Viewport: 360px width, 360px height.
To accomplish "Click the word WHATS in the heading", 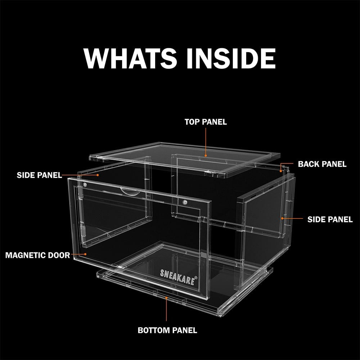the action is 130,58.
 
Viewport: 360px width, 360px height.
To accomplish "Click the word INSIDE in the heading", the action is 231,58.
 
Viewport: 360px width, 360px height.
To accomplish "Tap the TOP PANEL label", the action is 206,122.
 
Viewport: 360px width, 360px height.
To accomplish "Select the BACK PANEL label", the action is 322,164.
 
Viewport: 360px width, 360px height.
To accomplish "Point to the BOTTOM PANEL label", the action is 167,330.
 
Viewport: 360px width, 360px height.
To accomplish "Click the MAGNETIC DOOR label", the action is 38,255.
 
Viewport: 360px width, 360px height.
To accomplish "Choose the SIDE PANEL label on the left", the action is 39,175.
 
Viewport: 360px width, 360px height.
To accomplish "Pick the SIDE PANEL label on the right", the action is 330,220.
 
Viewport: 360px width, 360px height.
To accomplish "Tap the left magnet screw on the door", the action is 85,184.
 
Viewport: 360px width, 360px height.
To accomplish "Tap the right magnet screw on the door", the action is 185,202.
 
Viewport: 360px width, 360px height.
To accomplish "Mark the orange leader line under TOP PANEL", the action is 206,142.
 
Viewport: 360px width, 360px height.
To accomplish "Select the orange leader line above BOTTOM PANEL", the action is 166,309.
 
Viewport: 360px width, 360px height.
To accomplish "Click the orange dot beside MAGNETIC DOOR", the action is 85,254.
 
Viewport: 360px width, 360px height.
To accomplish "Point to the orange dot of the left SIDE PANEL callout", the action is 98,175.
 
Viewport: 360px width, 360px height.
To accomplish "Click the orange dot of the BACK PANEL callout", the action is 280,171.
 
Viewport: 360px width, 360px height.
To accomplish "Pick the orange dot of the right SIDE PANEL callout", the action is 282,219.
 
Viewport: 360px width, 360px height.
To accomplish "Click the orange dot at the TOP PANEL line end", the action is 206,156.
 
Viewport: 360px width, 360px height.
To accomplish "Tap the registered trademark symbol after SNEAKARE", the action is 196,278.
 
